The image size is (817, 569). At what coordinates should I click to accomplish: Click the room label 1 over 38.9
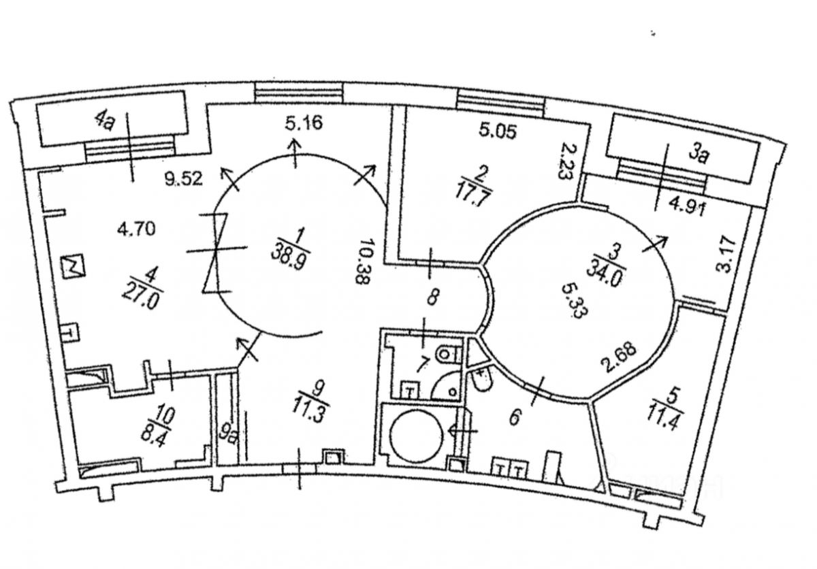click(291, 248)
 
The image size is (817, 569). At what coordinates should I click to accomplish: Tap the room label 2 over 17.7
click(474, 187)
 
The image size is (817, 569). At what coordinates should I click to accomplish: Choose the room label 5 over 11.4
click(667, 409)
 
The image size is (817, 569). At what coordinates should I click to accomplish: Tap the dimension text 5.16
click(304, 123)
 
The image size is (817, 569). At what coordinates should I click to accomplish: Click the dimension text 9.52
click(183, 178)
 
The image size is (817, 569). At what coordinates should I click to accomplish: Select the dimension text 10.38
click(364, 261)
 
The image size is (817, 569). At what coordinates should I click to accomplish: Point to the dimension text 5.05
click(498, 130)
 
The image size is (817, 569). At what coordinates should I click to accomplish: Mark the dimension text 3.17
click(724, 255)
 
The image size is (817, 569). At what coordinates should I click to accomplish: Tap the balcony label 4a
click(105, 120)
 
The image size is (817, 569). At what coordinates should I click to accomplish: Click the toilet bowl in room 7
click(446, 353)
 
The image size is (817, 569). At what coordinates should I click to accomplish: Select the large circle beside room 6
click(417, 436)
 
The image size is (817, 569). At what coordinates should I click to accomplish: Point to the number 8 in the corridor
click(432, 297)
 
